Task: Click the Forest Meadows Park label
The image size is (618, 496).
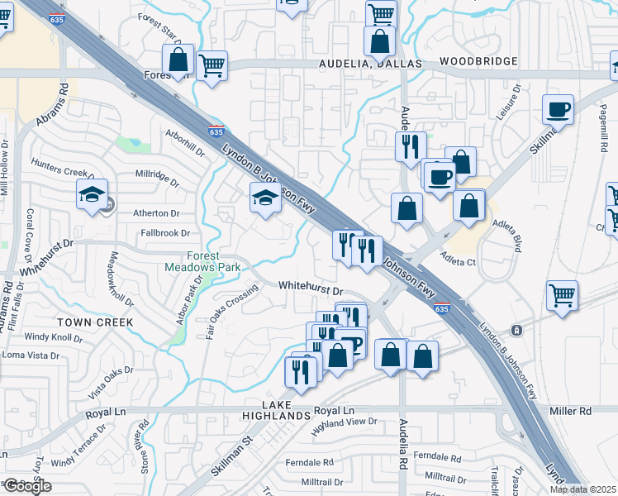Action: (x=202, y=262)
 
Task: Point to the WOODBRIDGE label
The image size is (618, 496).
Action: (x=478, y=62)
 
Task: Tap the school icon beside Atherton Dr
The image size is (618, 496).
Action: (x=91, y=196)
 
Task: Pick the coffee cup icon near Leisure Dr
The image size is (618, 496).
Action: (x=558, y=109)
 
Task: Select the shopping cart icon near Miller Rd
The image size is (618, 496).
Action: (x=562, y=294)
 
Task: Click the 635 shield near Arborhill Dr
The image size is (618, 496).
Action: (x=216, y=131)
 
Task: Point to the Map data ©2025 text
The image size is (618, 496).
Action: (x=582, y=489)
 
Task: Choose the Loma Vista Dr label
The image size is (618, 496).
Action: (x=31, y=355)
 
